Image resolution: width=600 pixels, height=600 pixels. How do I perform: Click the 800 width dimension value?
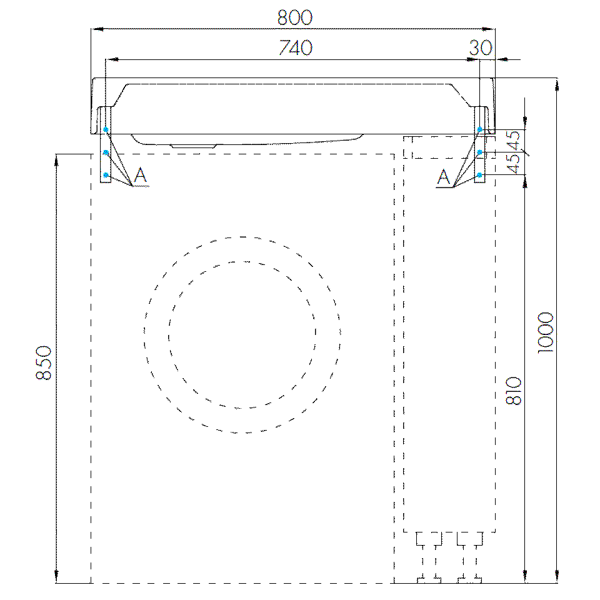[x=294, y=17]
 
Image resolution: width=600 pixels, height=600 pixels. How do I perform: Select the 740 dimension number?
[x=296, y=47]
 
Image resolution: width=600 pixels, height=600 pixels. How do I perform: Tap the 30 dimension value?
[x=481, y=47]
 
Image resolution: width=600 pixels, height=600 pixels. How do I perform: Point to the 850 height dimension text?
[x=43, y=362]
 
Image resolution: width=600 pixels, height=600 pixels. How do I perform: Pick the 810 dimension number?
[x=514, y=391]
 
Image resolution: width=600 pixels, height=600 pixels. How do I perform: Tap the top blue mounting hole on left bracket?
[x=106, y=130]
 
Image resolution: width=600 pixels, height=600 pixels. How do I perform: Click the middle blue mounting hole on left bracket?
[x=106, y=152]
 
